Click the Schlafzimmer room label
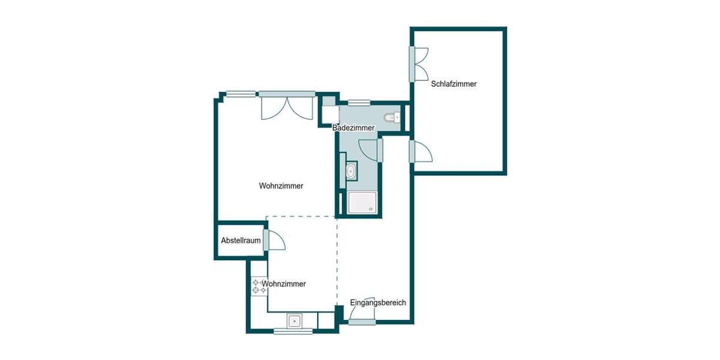tap(454, 84)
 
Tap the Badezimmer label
tap(354, 128)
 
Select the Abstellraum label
tap(241, 241)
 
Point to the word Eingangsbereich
tap(378, 303)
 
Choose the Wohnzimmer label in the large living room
tap(281, 186)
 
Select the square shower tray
tap(362, 203)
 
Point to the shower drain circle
tap(373, 209)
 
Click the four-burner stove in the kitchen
tap(259, 286)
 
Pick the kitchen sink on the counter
tap(295, 321)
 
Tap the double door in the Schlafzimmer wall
tap(420, 63)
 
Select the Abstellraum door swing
tap(276, 240)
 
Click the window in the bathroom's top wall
tap(359, 103)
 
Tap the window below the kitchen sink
tap(293, 331)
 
